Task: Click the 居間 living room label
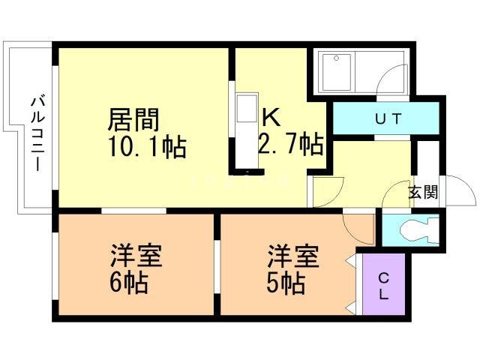[133, 119]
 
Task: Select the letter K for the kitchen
[271, 118]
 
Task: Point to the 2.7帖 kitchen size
[291, 144]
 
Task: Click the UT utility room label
[388, 119]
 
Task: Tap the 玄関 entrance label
[423, 193]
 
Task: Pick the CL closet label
[383, 286]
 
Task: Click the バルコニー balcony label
[37, 133]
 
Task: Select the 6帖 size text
[129, 282]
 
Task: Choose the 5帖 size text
[286, 282]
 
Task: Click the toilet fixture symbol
[419, 230]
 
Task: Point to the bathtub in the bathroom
[337, 72]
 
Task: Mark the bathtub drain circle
[337, 58]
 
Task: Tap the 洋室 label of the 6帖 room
[136, 256]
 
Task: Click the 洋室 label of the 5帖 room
[293, 256]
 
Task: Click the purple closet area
[384, 284]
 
